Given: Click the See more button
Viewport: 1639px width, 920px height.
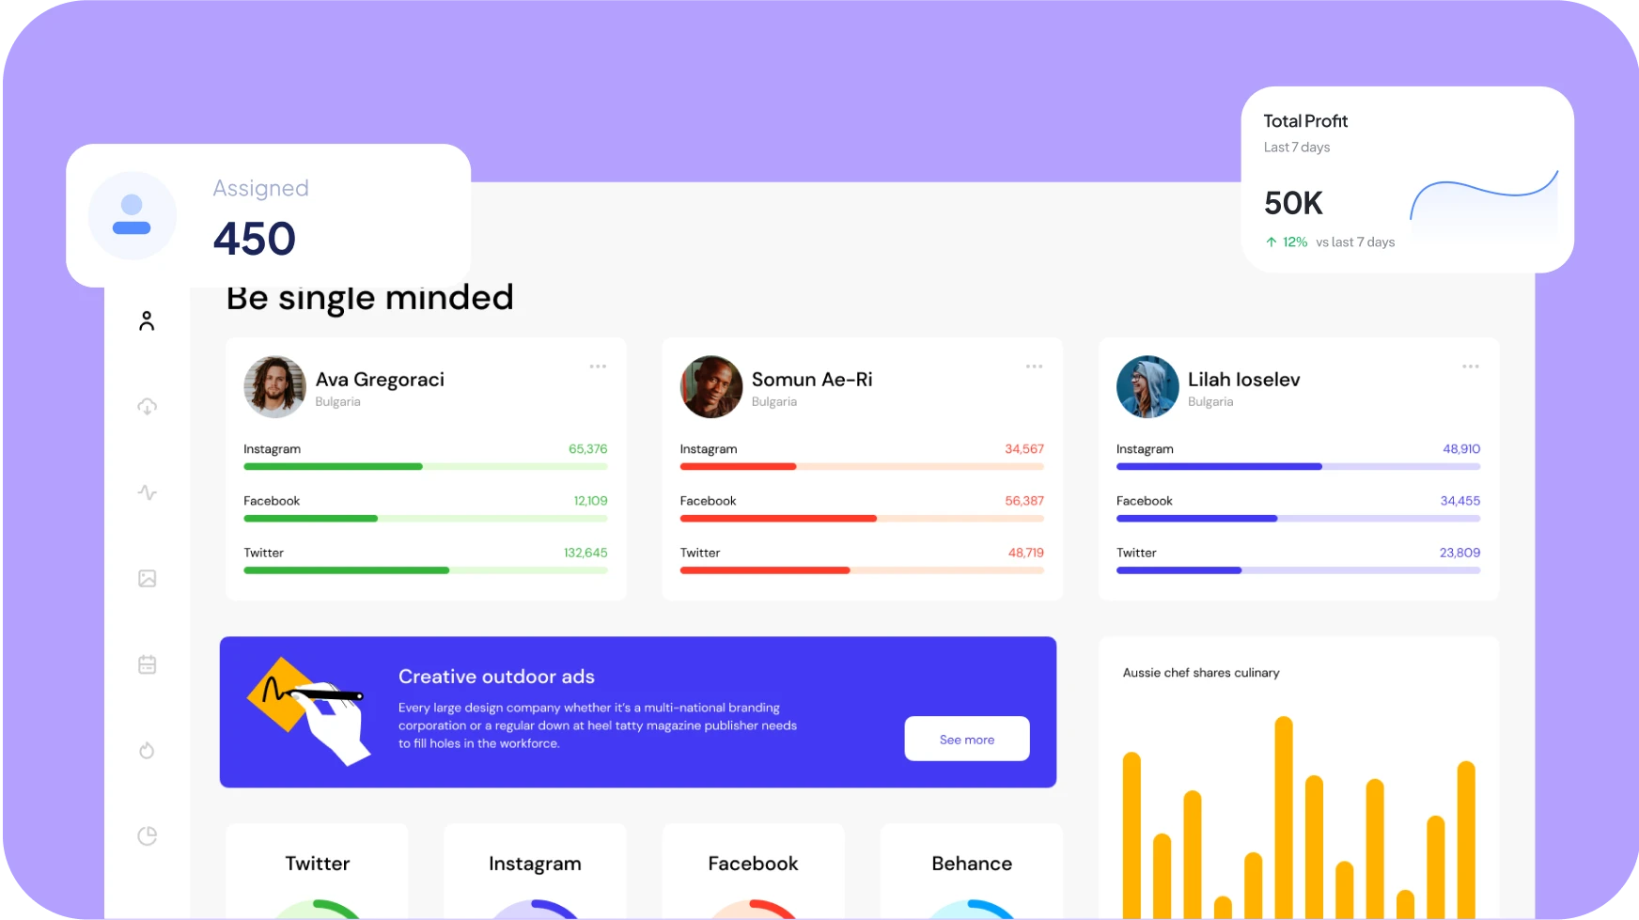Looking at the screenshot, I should (966, 740).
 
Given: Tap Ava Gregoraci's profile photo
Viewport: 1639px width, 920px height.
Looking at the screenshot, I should (274, 386).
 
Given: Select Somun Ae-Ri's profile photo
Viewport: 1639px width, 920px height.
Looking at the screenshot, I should (710, 386).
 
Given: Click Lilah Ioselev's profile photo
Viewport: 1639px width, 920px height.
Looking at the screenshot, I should (1147, 386).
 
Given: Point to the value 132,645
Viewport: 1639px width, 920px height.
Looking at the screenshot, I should (585, 553).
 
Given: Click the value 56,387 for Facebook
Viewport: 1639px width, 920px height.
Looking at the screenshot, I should (1023, 501).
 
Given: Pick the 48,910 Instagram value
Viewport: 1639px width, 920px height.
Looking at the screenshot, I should (1460, 449).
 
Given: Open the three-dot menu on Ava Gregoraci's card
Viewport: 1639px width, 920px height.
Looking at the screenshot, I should (598, 366).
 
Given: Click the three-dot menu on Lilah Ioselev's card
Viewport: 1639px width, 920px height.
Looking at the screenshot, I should (1470, 366).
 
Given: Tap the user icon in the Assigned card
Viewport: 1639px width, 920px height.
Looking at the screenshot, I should (132, 215).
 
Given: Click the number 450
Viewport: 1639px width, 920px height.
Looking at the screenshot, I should (254, 239).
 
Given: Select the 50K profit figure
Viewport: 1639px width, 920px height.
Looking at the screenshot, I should (1293, 203).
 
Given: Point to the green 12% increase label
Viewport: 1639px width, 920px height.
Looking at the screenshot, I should (1294, 242).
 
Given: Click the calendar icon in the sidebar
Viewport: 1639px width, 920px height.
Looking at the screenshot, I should (148, 664).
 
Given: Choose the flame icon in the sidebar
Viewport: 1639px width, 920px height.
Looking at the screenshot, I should (147, 750).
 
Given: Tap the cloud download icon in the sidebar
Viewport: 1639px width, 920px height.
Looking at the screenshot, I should (148, 407).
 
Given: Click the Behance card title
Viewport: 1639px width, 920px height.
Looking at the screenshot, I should (971, 864).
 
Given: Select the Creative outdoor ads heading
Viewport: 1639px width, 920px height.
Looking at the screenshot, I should (496, 677).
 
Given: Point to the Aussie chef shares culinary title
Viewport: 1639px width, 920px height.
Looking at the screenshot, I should (1200, 673).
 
